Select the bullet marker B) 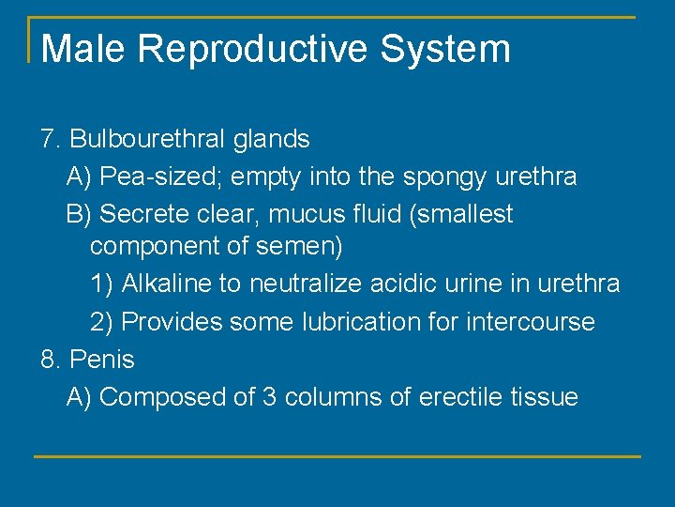[x=80, y=215]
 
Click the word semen [x=303, y=248]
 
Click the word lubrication [x=359, y=322]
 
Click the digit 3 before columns [x=268, y=397]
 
